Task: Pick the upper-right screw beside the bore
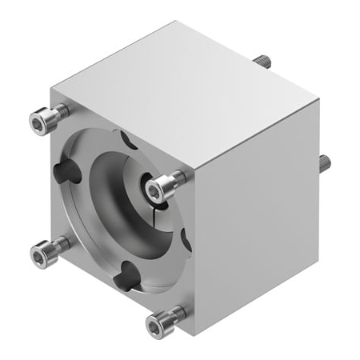pos(160,189)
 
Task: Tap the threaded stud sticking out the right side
pos(326,164)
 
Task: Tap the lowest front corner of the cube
pos(193,336)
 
